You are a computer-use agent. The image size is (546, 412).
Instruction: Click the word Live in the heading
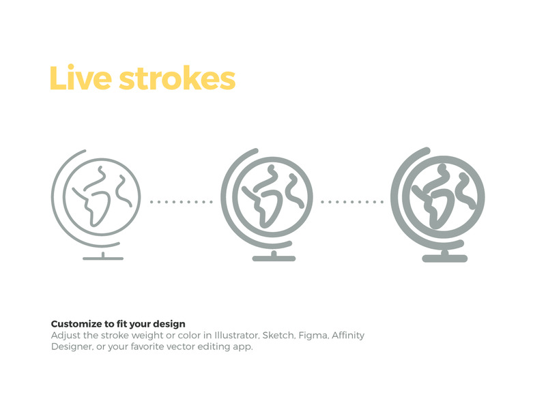point(81,77)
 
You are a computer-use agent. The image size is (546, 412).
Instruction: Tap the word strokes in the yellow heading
point(177,78)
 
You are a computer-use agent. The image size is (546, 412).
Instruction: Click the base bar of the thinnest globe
point(103,259)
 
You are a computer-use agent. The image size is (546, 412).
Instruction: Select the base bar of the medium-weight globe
point(274,259)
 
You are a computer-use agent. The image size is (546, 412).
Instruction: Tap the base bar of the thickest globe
point(445,259)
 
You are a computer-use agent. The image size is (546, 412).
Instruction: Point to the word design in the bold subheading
point(169,324)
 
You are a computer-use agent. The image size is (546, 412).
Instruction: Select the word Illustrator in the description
point(237,336)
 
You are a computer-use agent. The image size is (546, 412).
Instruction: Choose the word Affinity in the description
point(348,336)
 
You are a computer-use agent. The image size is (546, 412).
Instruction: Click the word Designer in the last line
point(72,347)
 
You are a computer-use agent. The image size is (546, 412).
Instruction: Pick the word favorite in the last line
point(147,347)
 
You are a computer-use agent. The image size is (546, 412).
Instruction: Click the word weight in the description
point(147,336)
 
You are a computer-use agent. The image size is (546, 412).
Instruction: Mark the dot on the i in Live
point(71,66)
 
